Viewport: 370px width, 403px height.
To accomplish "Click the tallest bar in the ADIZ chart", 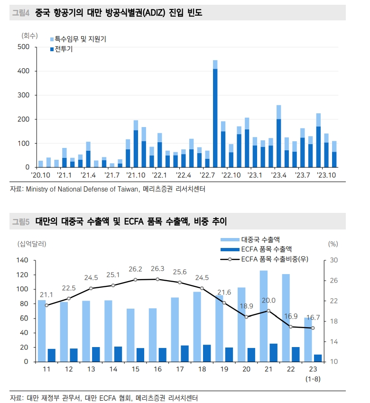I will click(x=215, y=114).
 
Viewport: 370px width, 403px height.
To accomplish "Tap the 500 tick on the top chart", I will click(x=23, y=47).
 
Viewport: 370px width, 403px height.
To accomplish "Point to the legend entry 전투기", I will click(x=62, y=49).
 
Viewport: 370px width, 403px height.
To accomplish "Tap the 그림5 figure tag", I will click(x=20, y=221).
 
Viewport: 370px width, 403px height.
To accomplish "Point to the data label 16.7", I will click(x=312, y=317).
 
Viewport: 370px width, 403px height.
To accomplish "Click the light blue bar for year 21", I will click(x=263, y=316).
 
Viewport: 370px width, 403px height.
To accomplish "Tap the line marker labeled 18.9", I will click(x=246, y=317).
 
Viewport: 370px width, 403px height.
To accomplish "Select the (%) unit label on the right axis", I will click(x=333, y=244).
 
